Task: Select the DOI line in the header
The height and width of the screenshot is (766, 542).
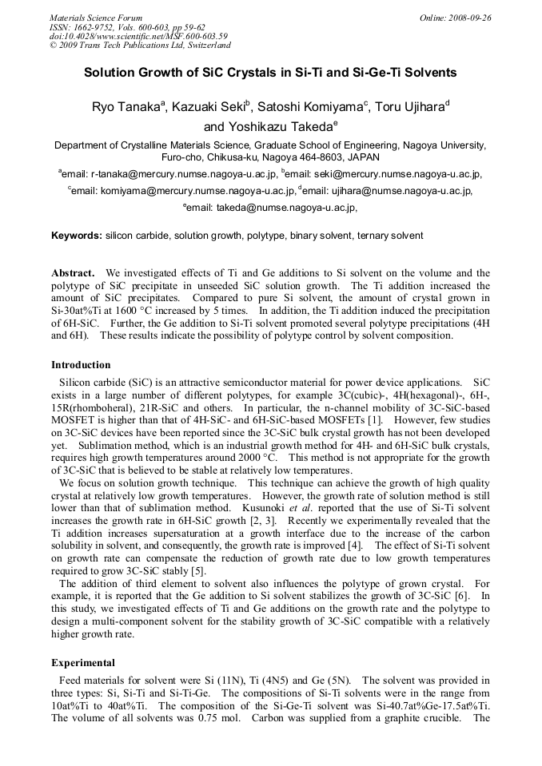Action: coord(138,36)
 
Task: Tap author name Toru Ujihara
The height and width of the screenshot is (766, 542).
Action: coord(408,107)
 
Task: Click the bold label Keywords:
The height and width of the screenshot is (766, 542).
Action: coord(77,236)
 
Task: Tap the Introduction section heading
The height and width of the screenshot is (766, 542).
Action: coord(81,365)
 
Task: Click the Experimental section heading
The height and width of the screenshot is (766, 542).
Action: coord(83,663)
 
